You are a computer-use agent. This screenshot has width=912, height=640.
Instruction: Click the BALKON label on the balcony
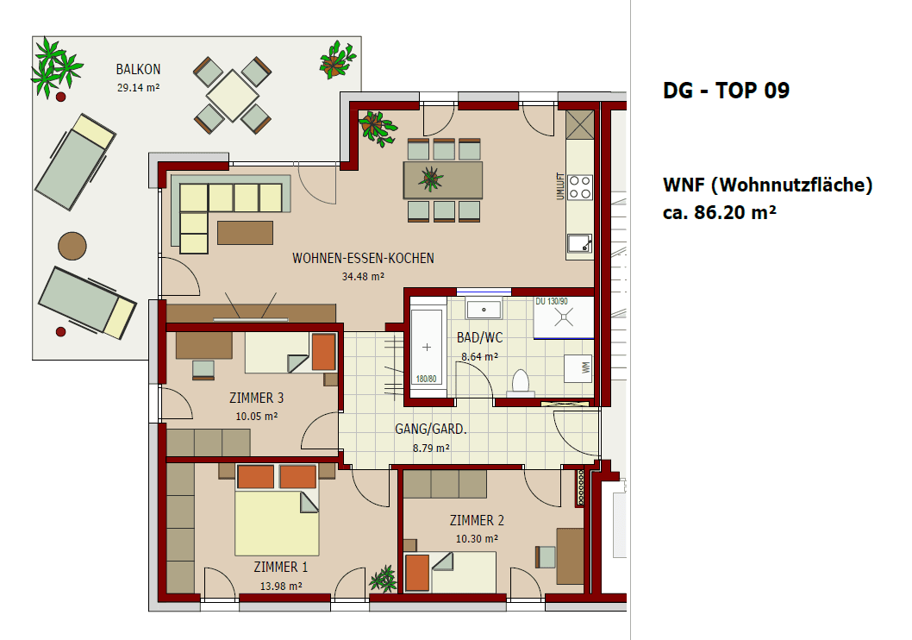pos(139,70)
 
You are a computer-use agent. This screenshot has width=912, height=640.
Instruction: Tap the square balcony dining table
pos(232,95)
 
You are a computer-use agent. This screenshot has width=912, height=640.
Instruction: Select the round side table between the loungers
pos(72,246)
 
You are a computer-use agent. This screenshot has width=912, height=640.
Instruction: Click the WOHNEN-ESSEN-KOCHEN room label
pos(363,258)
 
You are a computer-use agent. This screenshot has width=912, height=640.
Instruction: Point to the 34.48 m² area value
pos(363,276)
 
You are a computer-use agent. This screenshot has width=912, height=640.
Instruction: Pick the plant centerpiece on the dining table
pos(430,179)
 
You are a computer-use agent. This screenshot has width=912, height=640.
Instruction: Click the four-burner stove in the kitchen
pos(580,187)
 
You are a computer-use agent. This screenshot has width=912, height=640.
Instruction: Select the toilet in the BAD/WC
pos(521,382)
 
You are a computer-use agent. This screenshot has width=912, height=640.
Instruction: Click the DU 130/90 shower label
pos(552,301)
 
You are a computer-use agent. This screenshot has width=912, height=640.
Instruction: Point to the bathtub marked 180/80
pos(427,347)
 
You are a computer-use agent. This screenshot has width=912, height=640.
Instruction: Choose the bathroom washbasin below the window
pos(484,308)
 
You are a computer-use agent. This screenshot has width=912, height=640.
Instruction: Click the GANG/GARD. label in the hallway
pos(431,429)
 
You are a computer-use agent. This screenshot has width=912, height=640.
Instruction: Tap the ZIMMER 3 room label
pos(257,398)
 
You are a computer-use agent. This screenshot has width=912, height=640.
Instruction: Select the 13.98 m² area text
pos(281,586)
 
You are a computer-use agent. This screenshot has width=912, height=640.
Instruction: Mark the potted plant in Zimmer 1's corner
pos(383,580)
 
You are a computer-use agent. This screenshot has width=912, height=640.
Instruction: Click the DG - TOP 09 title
pos(726,91)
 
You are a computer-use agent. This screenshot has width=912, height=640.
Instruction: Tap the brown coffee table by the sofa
pos(246,232)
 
